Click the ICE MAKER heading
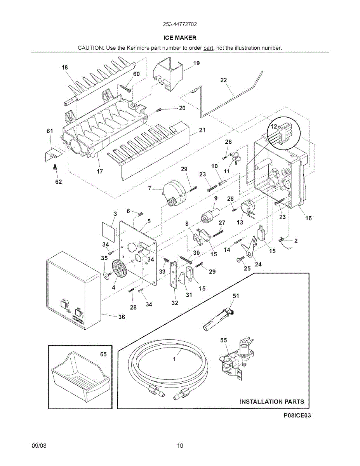180,38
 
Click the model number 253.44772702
180,24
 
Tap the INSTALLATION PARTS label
272,402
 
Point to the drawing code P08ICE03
297,416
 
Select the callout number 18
64,67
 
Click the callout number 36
122,317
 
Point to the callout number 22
223,80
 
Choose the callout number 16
308,218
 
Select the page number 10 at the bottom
180,446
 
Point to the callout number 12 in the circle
274,127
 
